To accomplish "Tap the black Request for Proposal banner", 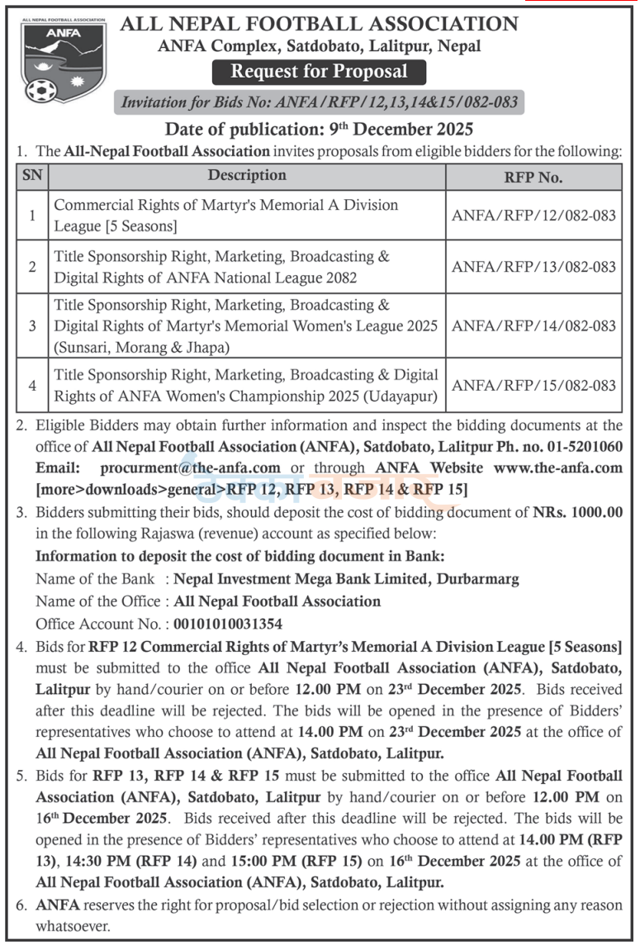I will click(319, 72).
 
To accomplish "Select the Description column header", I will click(247, 176).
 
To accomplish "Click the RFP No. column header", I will click(533, 177).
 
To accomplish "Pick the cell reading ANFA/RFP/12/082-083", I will click(533, 215).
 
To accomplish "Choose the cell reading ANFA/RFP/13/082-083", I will click(533, 266).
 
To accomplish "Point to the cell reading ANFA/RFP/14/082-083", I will click(533, 325).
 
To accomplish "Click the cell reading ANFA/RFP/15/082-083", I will click(533, 385).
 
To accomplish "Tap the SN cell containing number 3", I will click(32, 325).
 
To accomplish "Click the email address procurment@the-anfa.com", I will click(192, 468).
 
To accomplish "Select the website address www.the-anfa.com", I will click(557, 468).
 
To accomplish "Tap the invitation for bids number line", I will click(320, 102).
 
